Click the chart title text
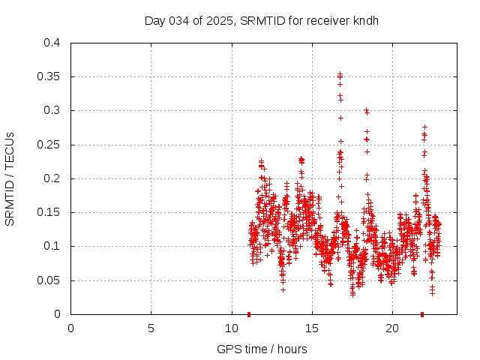[261, 20]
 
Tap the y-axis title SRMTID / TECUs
[10, 178]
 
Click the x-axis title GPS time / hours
[261, 349]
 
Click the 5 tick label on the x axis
[151, 328]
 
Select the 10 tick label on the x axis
[231, 328]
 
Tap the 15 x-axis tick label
[311, 328]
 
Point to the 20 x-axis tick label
[391, 328]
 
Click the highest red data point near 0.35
[340, 74]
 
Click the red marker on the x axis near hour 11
[249, 313]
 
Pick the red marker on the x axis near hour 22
[422, 313]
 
